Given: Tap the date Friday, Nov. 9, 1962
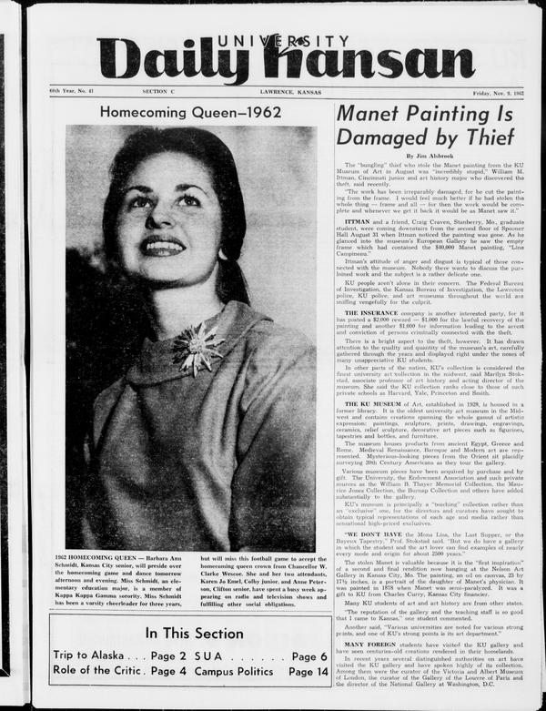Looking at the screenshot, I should tap(494, 92).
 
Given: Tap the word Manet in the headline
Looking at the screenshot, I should tap(373, 114).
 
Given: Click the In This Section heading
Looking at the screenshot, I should tap(190, 634).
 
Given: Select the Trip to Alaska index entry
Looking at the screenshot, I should tap(86, 655).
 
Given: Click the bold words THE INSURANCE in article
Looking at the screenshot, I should tap(374, 312).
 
